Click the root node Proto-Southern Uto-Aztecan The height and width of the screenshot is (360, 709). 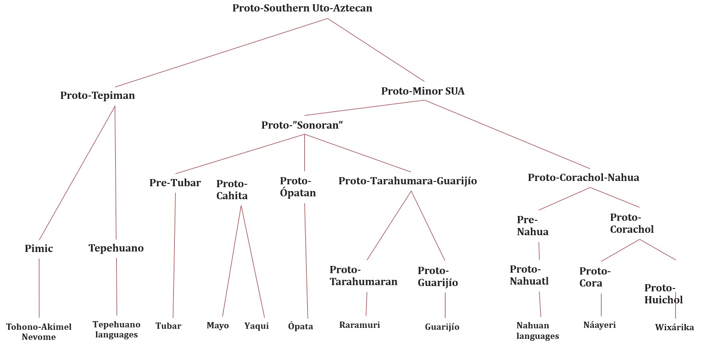pos(302,8)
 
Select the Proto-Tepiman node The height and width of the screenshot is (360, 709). pos(97,96)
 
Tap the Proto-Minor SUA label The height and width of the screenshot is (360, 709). pos(423,91)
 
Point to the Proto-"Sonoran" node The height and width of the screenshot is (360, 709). pos(302,125)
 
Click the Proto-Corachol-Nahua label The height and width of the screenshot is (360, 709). pos(583,177)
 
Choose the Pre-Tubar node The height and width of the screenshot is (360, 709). pos(175,183)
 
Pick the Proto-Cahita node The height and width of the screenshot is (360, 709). pos(232,190)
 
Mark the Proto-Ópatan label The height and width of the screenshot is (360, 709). pos(298,187)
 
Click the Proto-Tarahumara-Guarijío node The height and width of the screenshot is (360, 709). pos(408,181)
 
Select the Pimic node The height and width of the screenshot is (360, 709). pos(38,248)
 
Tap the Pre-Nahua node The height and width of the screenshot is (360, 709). pos(533,226)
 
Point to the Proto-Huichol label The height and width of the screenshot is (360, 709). pos(663,294)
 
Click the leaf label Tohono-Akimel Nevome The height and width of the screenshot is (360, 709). pos(38,332)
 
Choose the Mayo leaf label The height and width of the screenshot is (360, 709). pos(218,325)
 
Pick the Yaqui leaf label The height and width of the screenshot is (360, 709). pos(256,326)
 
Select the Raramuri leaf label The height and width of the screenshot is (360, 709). pos(360,325)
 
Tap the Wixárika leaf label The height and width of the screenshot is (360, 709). pos(674,327)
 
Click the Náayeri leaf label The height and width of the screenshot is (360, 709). pos(600,325)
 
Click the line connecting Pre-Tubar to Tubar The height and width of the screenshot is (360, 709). pos(174,255)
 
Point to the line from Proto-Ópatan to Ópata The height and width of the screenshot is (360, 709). pos(306,261)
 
